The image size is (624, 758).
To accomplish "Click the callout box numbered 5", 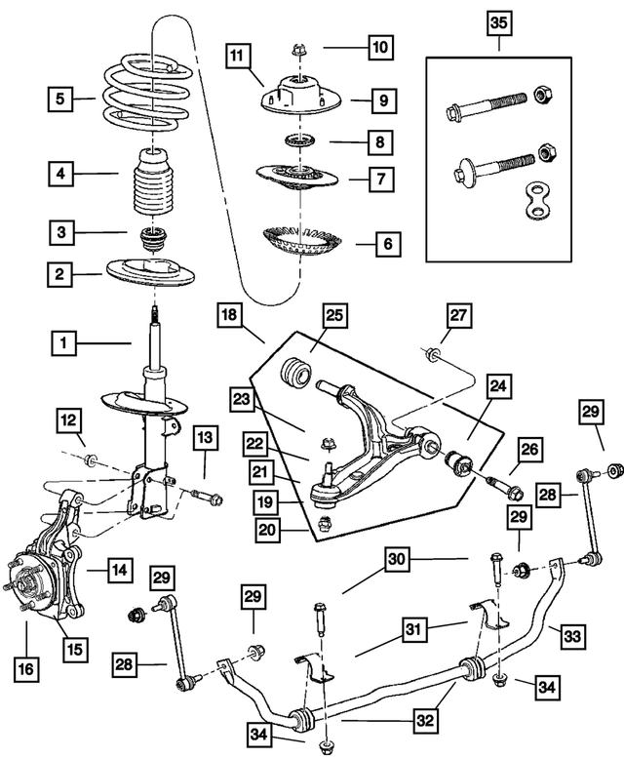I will coord(59,99).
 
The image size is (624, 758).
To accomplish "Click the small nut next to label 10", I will coord(296,47).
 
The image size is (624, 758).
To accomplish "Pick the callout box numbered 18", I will coord(229,316).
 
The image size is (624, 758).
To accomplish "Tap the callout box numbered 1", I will coord(65,342).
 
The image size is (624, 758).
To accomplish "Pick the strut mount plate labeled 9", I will coord(293,98).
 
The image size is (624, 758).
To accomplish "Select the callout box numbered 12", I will coord(67,420).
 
